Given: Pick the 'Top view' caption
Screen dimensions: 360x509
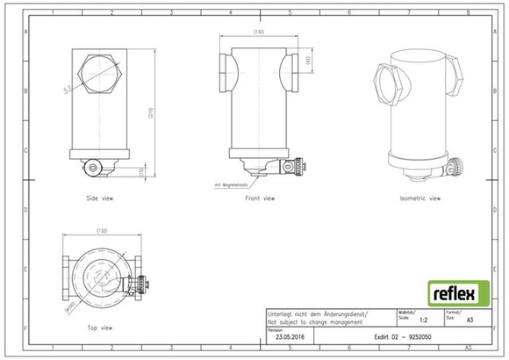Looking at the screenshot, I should pyautogui.click(x=99, y=328).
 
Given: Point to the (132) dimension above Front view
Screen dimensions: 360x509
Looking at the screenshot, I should pyautogui.click(x=259, y=32).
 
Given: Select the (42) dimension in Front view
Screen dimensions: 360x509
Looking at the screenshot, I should pyautogui.click(x=309, y=61).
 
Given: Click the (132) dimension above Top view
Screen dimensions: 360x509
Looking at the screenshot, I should pyautogui.click(x=102, y=231).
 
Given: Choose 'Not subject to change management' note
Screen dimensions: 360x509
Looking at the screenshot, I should pyautogui.click(x=314, y=324).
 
